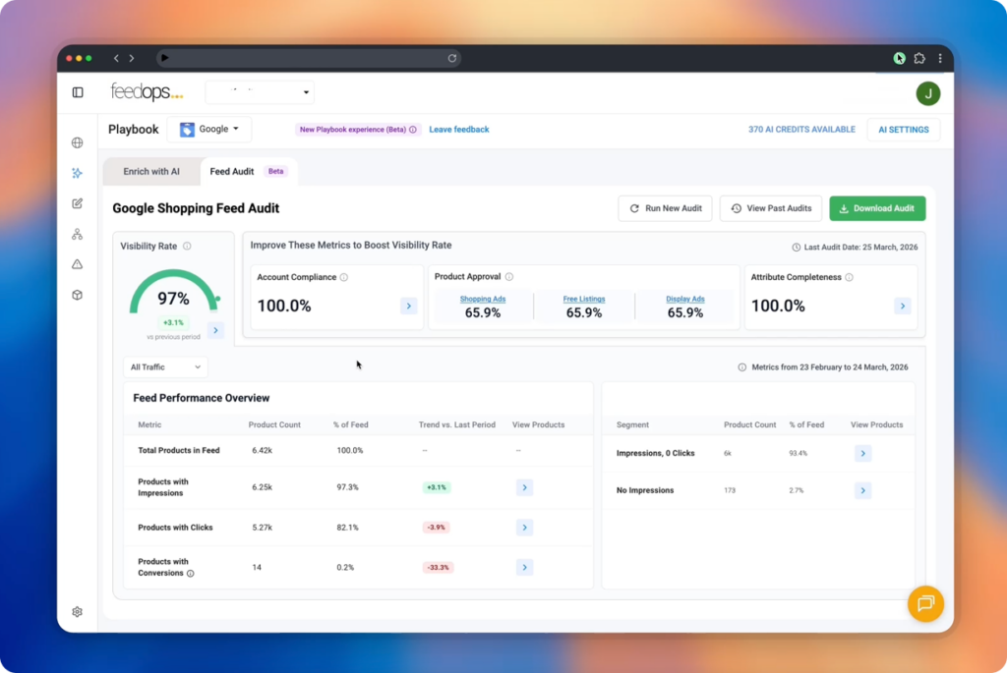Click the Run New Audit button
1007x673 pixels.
[665, 208]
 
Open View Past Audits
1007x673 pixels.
[770, 208]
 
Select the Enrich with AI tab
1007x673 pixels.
[151, 172]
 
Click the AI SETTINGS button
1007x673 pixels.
[903, 130]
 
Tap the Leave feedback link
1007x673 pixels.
[458, 130]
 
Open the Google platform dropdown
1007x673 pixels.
[208, 130]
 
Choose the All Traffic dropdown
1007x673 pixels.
[165, 367]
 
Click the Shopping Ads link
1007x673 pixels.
[482, 299]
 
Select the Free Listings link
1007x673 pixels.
[583, 299]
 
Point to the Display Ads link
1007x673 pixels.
[685, 299]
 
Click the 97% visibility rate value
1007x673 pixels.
[173, 298]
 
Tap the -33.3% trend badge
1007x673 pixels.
[437, 567]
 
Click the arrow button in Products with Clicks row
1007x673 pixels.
[524, 528]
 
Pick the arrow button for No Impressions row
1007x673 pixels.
[862, 490]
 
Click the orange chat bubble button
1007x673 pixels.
[924, 603]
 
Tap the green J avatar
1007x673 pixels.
[927, 93]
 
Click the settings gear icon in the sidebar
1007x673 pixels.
[78, 612]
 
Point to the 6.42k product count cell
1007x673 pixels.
[262, 451]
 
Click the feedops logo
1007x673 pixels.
[147, 92]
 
